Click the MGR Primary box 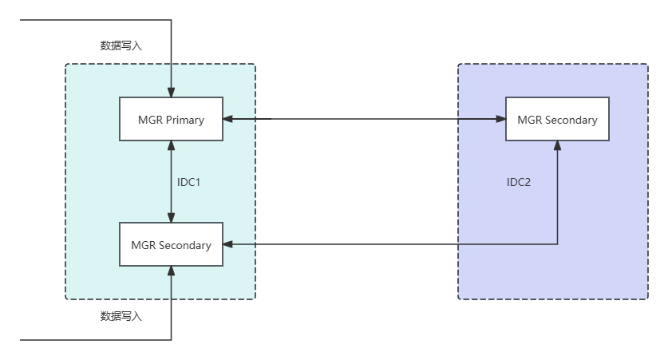(171, 120)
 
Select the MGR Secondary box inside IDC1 (171, 244)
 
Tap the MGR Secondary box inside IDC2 (557, 119)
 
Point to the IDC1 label (188, 182)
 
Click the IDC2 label (519, 182)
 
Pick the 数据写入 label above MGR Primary (121, 45)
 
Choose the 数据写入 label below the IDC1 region (121, 316)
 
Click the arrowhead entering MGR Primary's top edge (171, 92)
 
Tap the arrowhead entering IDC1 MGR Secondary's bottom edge (171, 272)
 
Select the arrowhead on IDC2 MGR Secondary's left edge (500, 120)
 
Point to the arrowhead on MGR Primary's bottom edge (171, 147)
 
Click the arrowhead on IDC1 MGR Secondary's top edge (171, 217)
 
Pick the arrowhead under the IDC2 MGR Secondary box (557, 146)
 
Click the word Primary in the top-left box (184, 120)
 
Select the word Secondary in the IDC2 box (571, 120)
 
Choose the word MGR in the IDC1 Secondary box (144, 245)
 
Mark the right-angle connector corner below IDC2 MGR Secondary (557, 244)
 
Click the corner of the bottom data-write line (171, 340)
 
